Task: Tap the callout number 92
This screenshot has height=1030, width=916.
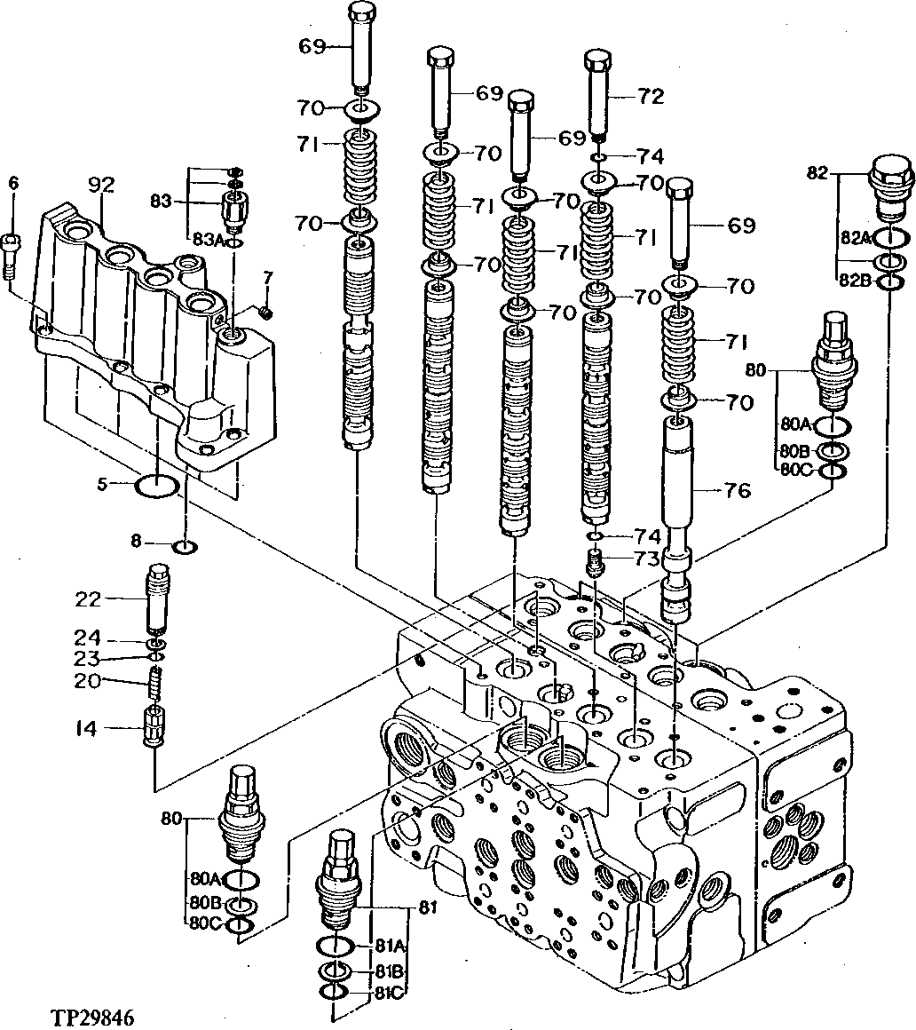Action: [102, 186]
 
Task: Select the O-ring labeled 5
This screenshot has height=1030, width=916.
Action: [159, 486]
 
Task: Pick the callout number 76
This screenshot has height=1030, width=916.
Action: [737, 490]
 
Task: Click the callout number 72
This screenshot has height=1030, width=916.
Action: [650, 97]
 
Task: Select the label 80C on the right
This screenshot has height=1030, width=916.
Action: [795, 470]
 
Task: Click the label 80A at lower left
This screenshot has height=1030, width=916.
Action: [203, 879]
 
